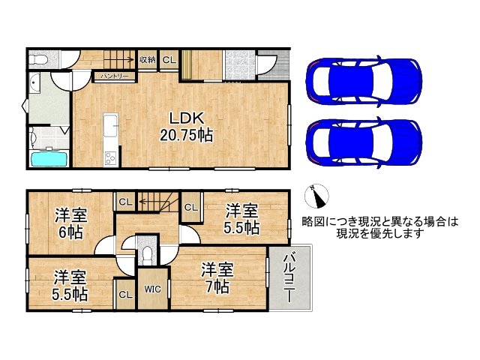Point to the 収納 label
point(147,59)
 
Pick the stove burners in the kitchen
point(110,157)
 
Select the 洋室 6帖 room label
point(70,223)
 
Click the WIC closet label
point(151,289)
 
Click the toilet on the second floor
point(148,253)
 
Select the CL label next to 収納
point(167,59)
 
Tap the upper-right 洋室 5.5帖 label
point(242,217)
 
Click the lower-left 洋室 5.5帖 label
point(69,285)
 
